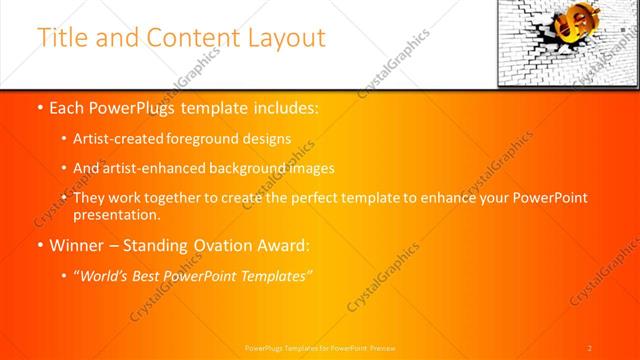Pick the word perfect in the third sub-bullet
(x=319, y=198)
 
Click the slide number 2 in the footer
(x=590, y=347)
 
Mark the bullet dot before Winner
(x=39, y=244)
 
